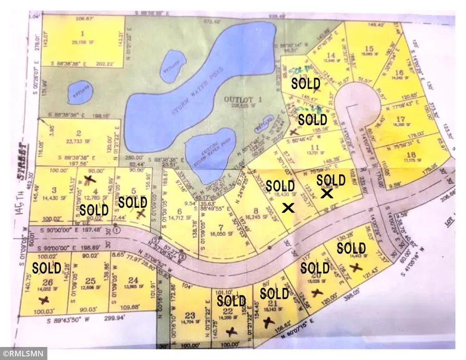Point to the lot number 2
(79, 133)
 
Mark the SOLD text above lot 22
(231, 300)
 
